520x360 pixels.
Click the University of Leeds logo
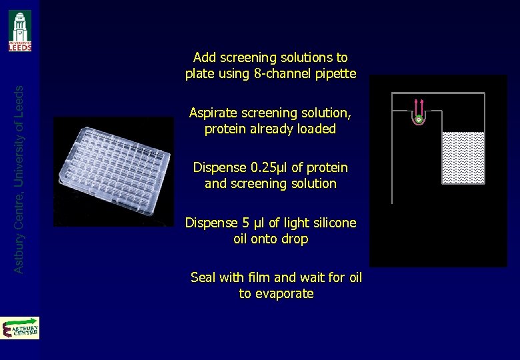[x=20, y=31]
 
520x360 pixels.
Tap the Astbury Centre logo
[x=20, y=328]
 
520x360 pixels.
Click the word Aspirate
[x=213, y=113]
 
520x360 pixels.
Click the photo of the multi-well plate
[x=113, y=171]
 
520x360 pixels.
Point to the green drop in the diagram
[x=419, y=119]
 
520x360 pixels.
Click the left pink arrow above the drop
[x=415, y=106]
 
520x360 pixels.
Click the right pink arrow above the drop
[x=422, y=106]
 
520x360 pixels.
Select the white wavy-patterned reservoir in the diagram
[x=463, y=157]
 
